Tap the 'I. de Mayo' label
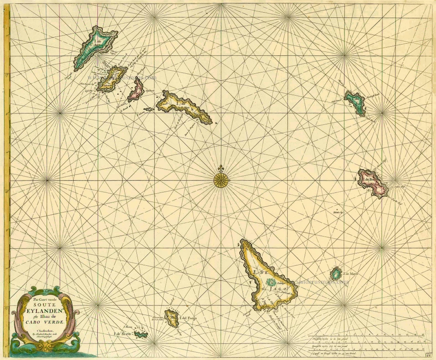(x=351, y=274)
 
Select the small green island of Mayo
(x=336, y=274)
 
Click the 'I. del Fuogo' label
(x=188, y=318)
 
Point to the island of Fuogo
(x=171, y=318)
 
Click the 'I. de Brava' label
(x=123, y=335)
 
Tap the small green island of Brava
(x=140, y=335)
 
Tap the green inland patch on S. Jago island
(x=269, y=282)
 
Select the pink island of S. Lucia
(x=136, y=91)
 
